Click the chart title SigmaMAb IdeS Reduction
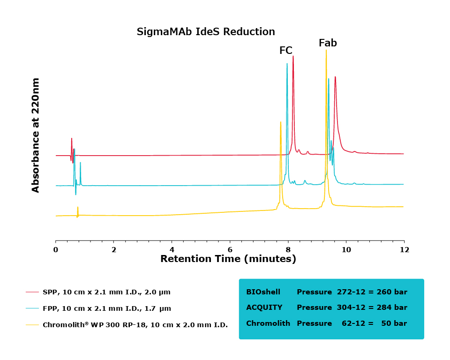tap(206, 32)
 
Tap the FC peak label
tap(286, 51)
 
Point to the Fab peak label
tap(328, 43)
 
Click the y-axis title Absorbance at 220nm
tap(36, 135)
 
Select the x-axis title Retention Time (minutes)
tap(228, 259)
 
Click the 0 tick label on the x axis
tap(56, 250)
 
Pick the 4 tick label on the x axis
tap(172, 250)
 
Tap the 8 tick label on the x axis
tap(288, 250)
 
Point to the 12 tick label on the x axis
tap(404, 250)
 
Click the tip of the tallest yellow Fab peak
tap(326, 50)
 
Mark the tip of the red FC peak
tap(293, 56)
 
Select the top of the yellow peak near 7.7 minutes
tap(280, 122)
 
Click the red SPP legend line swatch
tap(32, 292)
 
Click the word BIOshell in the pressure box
tap(263, 292)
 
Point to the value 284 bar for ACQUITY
tap(393, 307)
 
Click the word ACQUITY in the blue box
tap(264, 307)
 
